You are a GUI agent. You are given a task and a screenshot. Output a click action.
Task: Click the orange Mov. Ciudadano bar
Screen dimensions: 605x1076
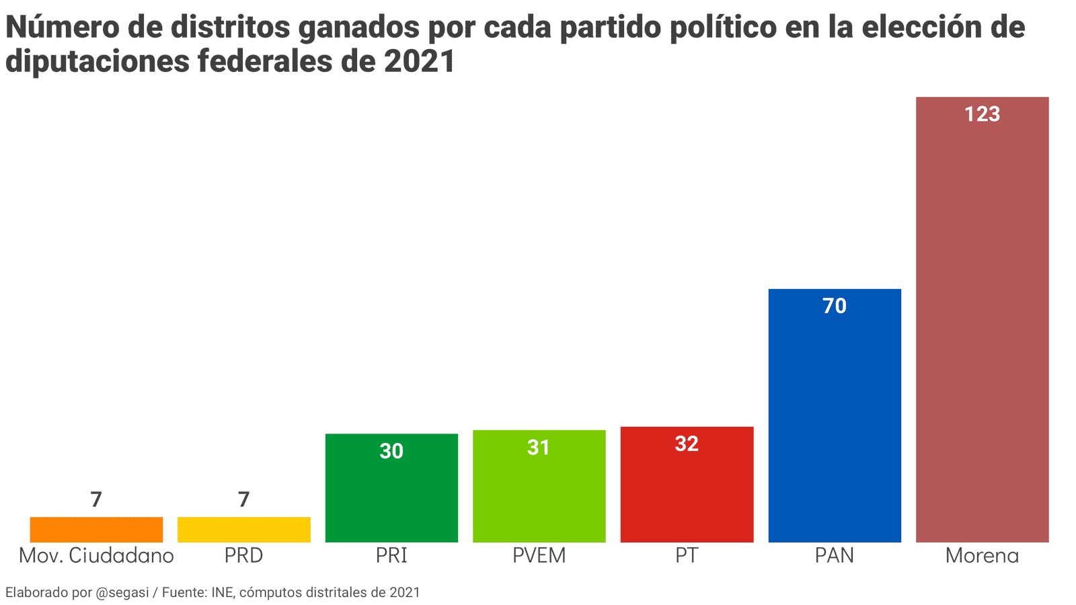(96, 530)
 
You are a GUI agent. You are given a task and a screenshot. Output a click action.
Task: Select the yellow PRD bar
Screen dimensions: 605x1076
(243, 530)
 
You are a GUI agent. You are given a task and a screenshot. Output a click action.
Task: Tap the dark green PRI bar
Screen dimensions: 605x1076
(391, 494)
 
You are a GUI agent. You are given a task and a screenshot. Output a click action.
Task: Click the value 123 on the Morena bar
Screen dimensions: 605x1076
(982, 114)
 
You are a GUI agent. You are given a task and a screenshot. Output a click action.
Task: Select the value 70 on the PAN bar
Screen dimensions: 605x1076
(835, 306)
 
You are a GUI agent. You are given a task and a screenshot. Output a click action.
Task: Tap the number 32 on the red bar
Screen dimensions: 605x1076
(687, 444)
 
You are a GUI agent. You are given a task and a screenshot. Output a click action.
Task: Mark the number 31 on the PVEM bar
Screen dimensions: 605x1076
(539, 447)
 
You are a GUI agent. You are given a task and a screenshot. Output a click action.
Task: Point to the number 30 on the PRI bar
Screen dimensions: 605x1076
(391, 450)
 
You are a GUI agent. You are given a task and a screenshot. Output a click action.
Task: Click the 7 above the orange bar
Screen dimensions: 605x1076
(96, 499)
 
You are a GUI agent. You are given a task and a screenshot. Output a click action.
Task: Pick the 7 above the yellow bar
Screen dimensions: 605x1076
(243, 499)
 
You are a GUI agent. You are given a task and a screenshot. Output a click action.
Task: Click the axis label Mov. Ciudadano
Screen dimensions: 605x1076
(96, 555)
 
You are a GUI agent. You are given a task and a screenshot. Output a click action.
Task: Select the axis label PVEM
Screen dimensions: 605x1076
(539, 555)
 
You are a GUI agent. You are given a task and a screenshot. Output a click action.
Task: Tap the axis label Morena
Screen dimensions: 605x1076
(982, 555)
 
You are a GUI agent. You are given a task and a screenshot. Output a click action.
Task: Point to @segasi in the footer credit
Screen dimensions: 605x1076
(122, 592)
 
